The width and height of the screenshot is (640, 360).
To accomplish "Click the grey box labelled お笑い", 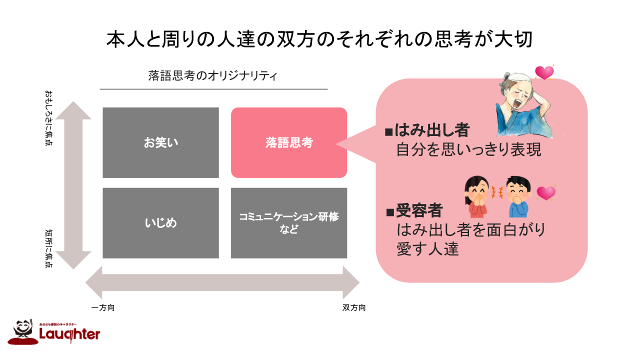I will coord(160,142).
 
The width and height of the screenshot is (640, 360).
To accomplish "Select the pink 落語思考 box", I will coord(289,142).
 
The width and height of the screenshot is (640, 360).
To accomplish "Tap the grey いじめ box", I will coord(160,223).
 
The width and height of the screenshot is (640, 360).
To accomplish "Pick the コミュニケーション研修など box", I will coord(289,223).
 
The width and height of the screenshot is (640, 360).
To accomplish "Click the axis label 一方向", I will coord(103,307).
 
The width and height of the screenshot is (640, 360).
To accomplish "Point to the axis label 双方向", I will coord(354,307).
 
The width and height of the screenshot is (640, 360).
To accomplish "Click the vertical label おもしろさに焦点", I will coord(48,118).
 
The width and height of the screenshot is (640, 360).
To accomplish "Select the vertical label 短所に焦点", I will coord(48,248).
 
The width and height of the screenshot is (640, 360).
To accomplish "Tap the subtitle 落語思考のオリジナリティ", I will coord(213,75).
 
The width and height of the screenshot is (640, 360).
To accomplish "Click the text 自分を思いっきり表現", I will coord(468,150).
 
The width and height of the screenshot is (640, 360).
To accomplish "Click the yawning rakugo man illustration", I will coord(522,107).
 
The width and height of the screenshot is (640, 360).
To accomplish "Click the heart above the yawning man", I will coord(544,73).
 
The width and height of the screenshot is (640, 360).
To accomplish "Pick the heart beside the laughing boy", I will coord(545,193).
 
